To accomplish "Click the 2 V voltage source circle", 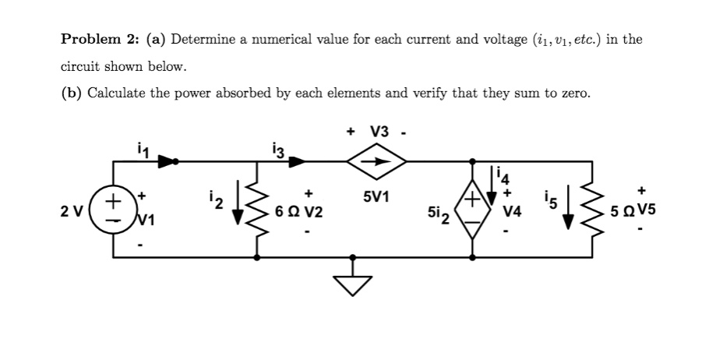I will click(x=114, y=209).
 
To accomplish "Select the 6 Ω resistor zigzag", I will click(x=257, y=208).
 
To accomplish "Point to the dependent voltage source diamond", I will click(x=474, y=209).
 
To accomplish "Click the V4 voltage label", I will click(x=512, y=211).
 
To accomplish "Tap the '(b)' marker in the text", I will click(x=72, y=94).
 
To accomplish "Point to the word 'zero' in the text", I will click(x=573, y=94).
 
